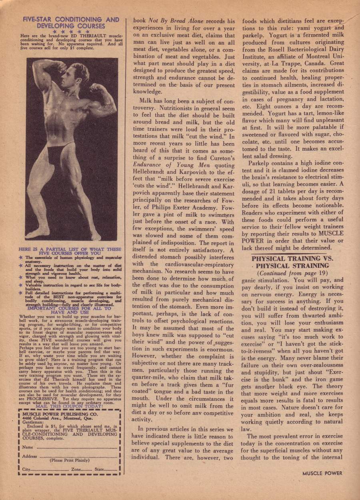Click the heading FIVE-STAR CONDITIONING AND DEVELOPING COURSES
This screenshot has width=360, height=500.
coord(71,22)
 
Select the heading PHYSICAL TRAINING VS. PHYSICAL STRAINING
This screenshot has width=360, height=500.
coord(292,262)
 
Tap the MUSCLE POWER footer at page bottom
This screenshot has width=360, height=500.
coord(322,473)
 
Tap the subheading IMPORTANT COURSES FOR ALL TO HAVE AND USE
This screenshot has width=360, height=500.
coord(71,311)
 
